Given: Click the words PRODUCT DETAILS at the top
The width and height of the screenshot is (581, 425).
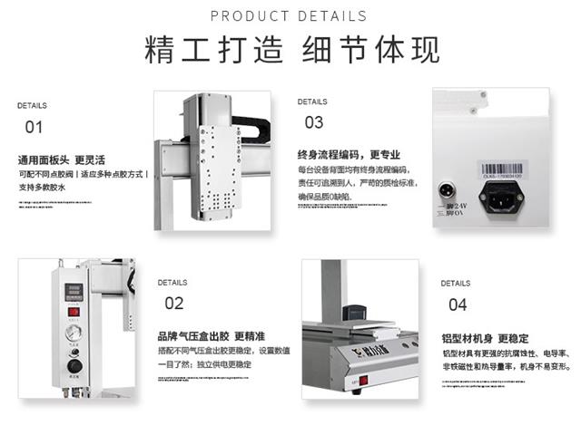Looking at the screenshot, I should (289, 16).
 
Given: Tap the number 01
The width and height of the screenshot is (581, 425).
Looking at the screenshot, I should (34, 127).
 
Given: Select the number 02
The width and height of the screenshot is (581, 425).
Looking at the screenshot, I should (173, 304).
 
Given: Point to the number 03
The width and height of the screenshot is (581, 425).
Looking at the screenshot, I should (313, 122).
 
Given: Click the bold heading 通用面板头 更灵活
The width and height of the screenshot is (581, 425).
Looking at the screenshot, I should (62, 159).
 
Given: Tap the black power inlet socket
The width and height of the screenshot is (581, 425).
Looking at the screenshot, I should (506, 195).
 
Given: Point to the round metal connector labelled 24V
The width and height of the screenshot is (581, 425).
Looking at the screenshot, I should (447, 192).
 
